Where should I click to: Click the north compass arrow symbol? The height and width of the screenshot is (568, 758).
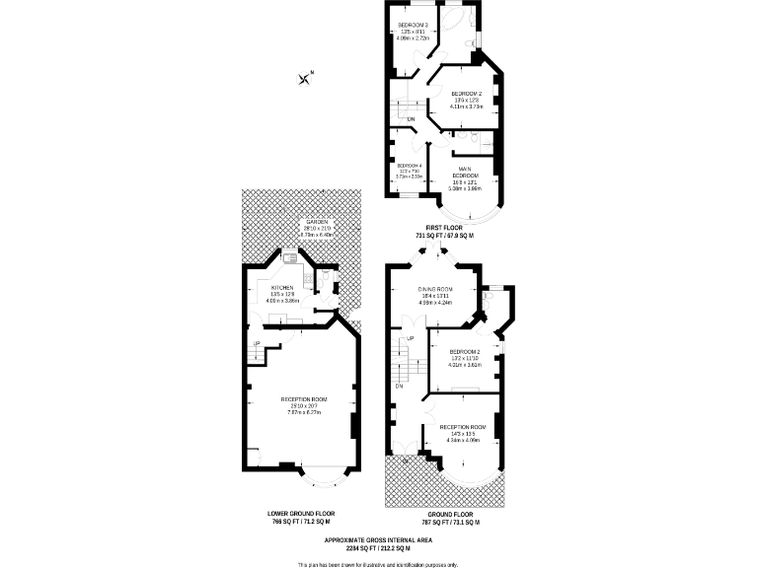[x=306, y=78]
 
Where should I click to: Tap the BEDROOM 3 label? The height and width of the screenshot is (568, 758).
[x=413, y=24]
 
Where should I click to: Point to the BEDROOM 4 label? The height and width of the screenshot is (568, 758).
[x=409, y=165]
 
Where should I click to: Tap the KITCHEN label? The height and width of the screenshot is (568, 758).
[x=281, y=288]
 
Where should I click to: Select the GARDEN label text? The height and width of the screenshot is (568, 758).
[x=316, y=222]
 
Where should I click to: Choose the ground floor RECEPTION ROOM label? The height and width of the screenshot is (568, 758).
[x=462, y=427]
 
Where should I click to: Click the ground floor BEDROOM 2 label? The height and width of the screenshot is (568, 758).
[x=464, y=352]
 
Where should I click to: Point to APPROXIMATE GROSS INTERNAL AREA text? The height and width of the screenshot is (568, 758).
[x=378, y=541]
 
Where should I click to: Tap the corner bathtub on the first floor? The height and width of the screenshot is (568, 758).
[x=454, y=22]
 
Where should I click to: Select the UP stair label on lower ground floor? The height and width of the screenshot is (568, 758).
[x=258, y=343]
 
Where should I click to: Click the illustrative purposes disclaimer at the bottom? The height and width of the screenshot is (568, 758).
[x=378, y=564]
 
